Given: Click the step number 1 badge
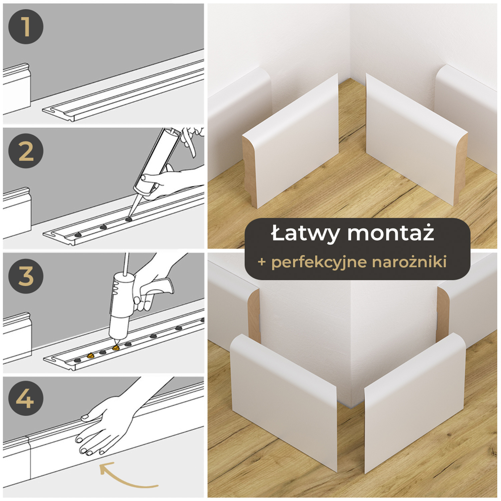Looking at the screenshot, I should click(26, 27).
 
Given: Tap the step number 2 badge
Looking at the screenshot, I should click(26, 151).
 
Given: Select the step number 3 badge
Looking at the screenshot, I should click(26, 276).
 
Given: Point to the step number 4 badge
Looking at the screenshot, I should click(26, 398).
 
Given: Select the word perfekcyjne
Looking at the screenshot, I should click(319, 262).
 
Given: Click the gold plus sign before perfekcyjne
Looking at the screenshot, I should click(262, 262).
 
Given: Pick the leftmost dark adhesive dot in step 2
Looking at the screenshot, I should click(78, 235).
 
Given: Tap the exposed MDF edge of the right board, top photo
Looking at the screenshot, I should click(461, 167).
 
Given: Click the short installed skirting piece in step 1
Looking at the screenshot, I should click(17, 89).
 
